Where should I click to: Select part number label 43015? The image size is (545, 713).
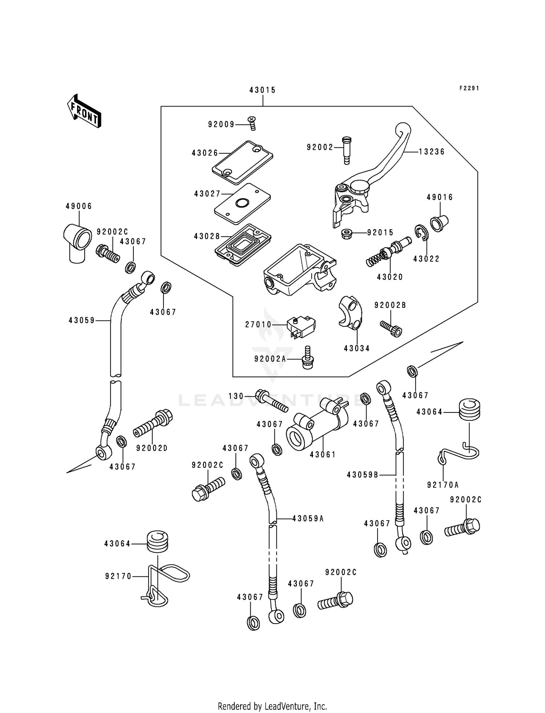262,90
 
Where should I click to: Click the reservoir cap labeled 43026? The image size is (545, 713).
243,162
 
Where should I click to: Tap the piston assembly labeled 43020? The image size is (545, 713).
387,253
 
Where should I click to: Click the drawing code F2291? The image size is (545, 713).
469,88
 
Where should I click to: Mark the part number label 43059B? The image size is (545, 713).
362,475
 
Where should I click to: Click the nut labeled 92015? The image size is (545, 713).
347,233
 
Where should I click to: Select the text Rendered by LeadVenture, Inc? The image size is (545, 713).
272,706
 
